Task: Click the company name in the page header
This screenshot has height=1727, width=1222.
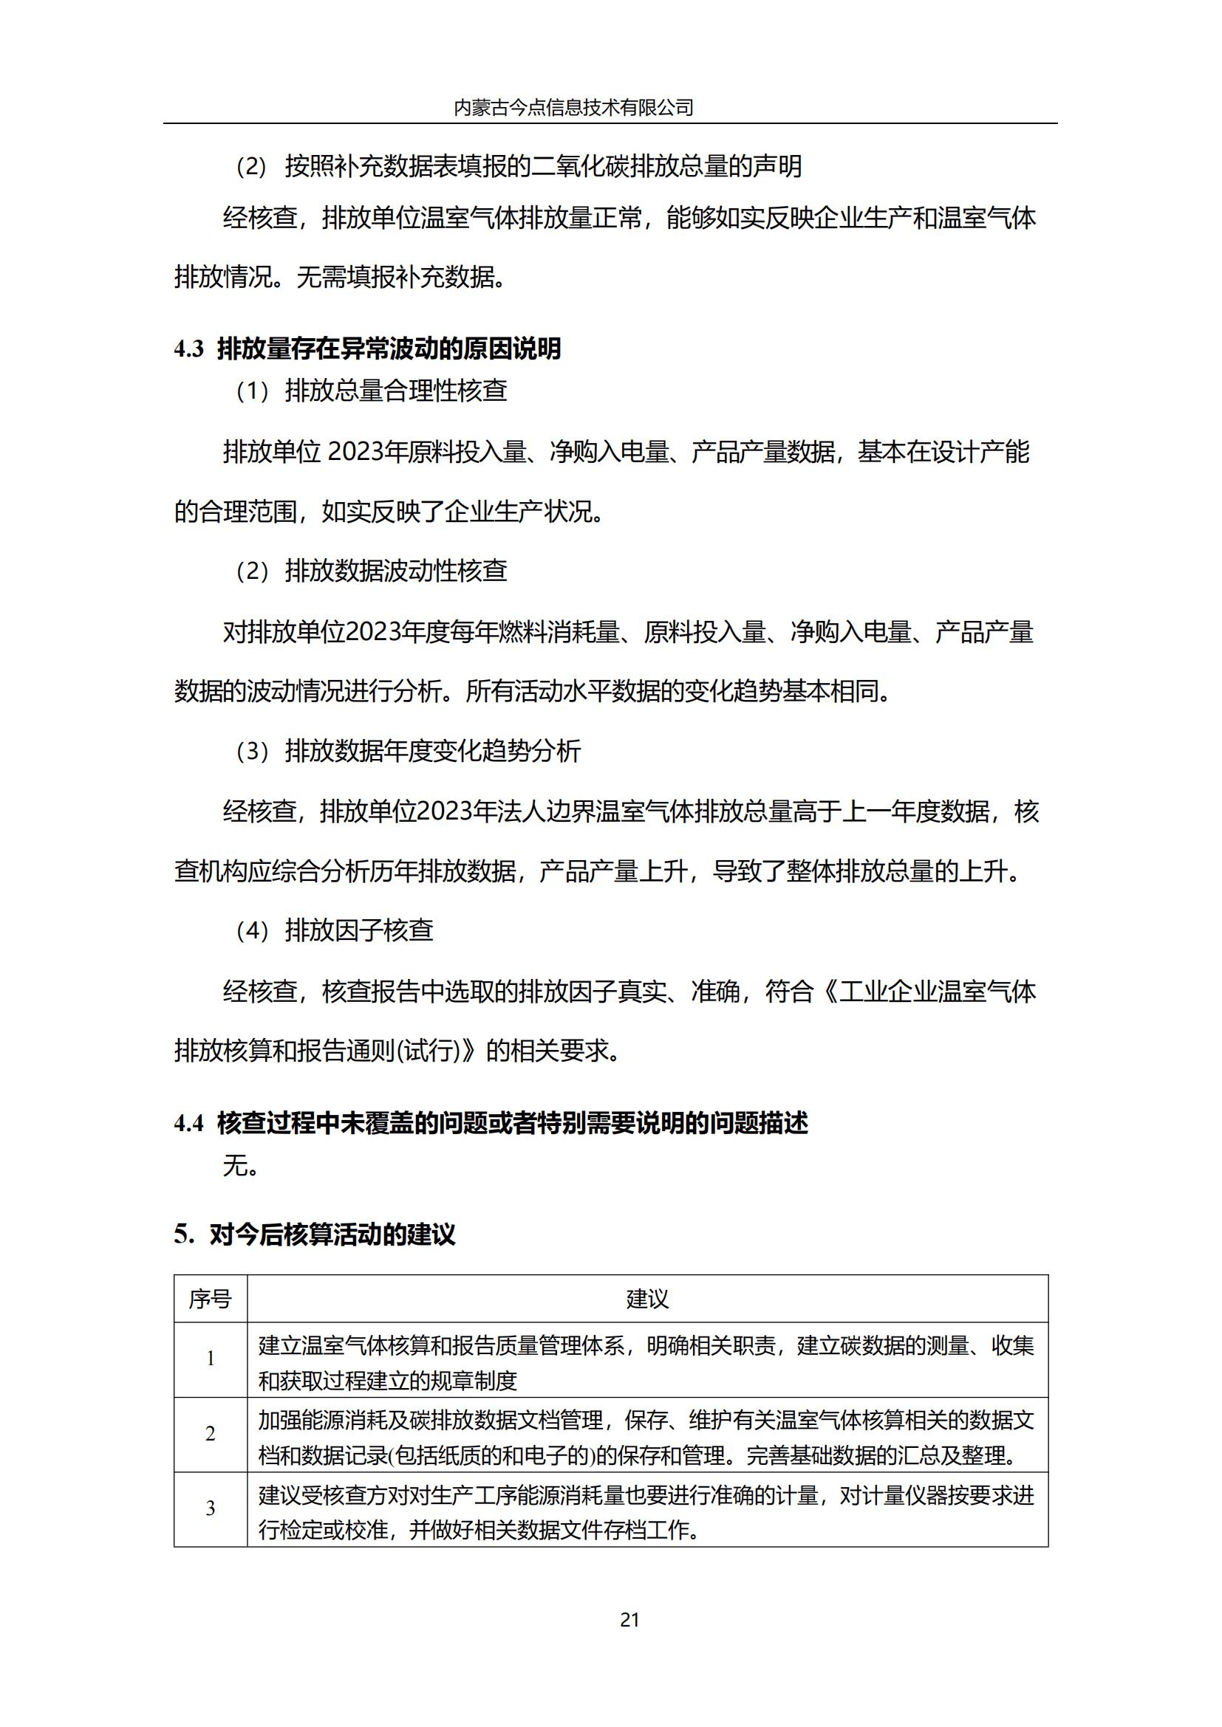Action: pyautogui.click(x=573, y=108)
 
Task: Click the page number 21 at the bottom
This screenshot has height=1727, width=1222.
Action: pyautogui.click(x=629, y=1619)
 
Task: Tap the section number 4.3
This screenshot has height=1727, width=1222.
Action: pyautogui.click(x=189, y=349)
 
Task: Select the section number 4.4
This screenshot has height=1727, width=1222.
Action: pyautogui.click(x=189, y=1124)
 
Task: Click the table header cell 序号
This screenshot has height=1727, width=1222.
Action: pyautogui.click(x=210, y=1299)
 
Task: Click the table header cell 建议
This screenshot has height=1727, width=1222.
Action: pyautogui.click(x=647, y=1299)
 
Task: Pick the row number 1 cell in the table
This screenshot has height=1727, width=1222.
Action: pyautogui.click(x=210, y=1359)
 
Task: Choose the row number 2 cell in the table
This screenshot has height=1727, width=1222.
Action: pyautogui.click(x=210, y=1434)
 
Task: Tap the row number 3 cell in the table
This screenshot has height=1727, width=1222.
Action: pyautogui.click(x=210, y=1508)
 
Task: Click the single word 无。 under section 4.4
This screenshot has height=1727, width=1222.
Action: pyautogui.click(x=241, y=1165)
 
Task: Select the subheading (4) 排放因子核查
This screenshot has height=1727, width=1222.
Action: pyautogui.click(x=334, y=930)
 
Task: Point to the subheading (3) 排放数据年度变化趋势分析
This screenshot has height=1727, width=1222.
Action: pyautogui.click(x=408, y=751)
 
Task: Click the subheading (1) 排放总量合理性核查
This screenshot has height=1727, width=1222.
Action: pyautogui.click(x=371, y=391)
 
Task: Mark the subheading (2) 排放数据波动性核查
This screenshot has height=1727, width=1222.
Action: pyautogui.click(x=371, y=571)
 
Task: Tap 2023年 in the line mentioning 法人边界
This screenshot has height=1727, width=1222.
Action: pyautogui.click(x=454, y=811)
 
